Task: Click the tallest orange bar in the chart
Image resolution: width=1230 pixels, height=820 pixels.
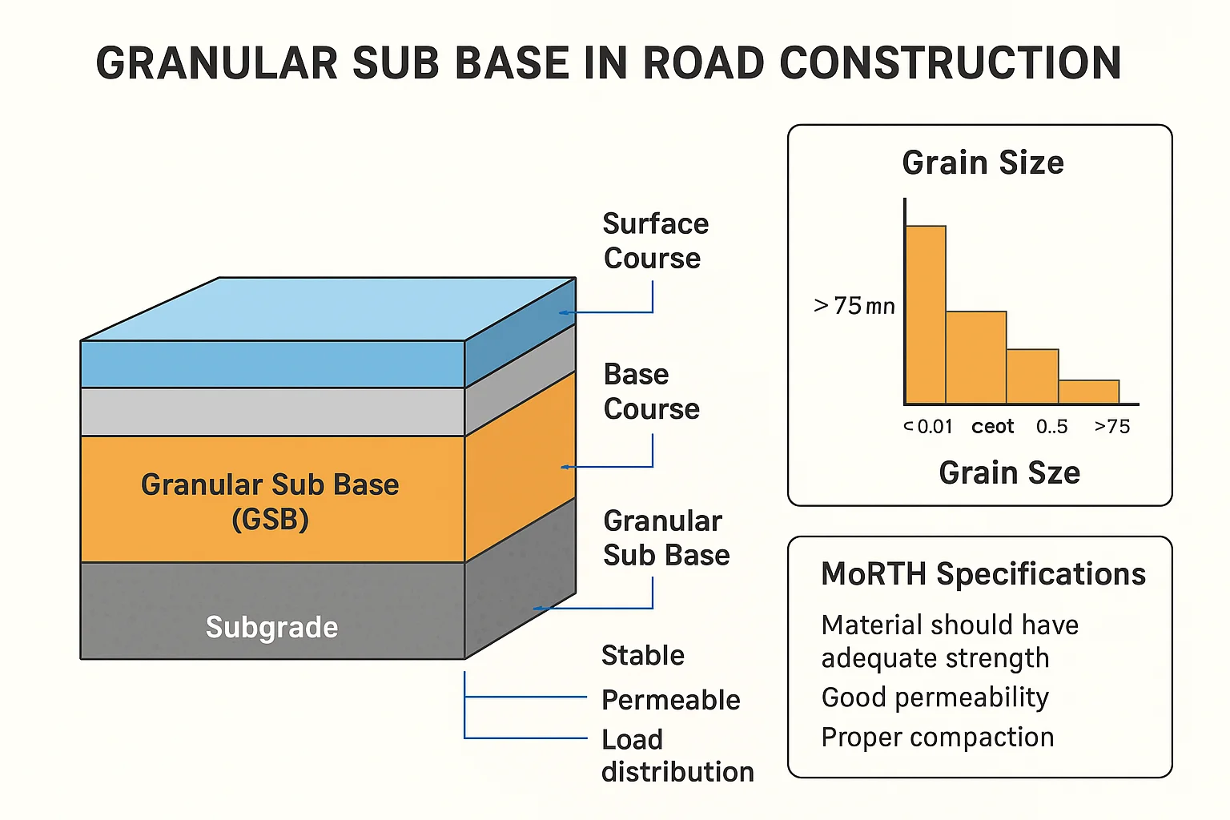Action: [x=926, y=315]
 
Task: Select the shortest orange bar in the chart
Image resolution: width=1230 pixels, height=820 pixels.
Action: [x=1089, y=392]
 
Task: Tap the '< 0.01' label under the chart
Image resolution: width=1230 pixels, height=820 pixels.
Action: [x=928, y=426]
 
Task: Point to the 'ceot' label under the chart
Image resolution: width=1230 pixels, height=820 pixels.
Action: [x=992, y=427]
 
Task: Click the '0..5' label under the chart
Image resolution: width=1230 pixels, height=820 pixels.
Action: [x=1052, y=426]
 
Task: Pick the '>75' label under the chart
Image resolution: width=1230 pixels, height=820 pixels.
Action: [x=1112, y=426]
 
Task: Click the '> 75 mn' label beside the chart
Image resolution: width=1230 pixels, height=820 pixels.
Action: [x=854, y=306]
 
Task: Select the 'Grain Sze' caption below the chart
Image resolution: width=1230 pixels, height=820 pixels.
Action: [x=1009, y=473]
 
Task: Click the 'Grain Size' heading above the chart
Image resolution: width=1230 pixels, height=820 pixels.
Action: [x=983, y=163]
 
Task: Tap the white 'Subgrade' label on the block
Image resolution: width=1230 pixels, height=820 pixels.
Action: [x=271, y=627]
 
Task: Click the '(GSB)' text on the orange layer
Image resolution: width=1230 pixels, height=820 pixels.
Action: [x=270, y=520]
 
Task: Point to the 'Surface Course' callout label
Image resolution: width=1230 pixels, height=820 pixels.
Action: [x=656, y=240]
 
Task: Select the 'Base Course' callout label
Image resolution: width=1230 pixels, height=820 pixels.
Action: [x=651, y=392]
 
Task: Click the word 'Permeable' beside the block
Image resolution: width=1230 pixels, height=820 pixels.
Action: [x=671, y=700]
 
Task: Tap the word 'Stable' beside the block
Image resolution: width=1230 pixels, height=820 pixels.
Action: [x=643, y=655]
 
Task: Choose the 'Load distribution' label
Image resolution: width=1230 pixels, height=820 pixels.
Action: [x=677, y=756]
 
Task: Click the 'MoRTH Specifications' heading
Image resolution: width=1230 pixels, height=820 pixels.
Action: [x=983, y=574]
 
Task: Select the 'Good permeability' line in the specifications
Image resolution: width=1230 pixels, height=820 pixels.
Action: [x=935, y=697]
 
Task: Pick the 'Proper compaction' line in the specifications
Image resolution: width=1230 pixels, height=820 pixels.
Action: [x=938, y=738]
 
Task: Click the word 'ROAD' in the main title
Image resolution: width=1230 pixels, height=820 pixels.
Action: [x=703, y=63]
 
